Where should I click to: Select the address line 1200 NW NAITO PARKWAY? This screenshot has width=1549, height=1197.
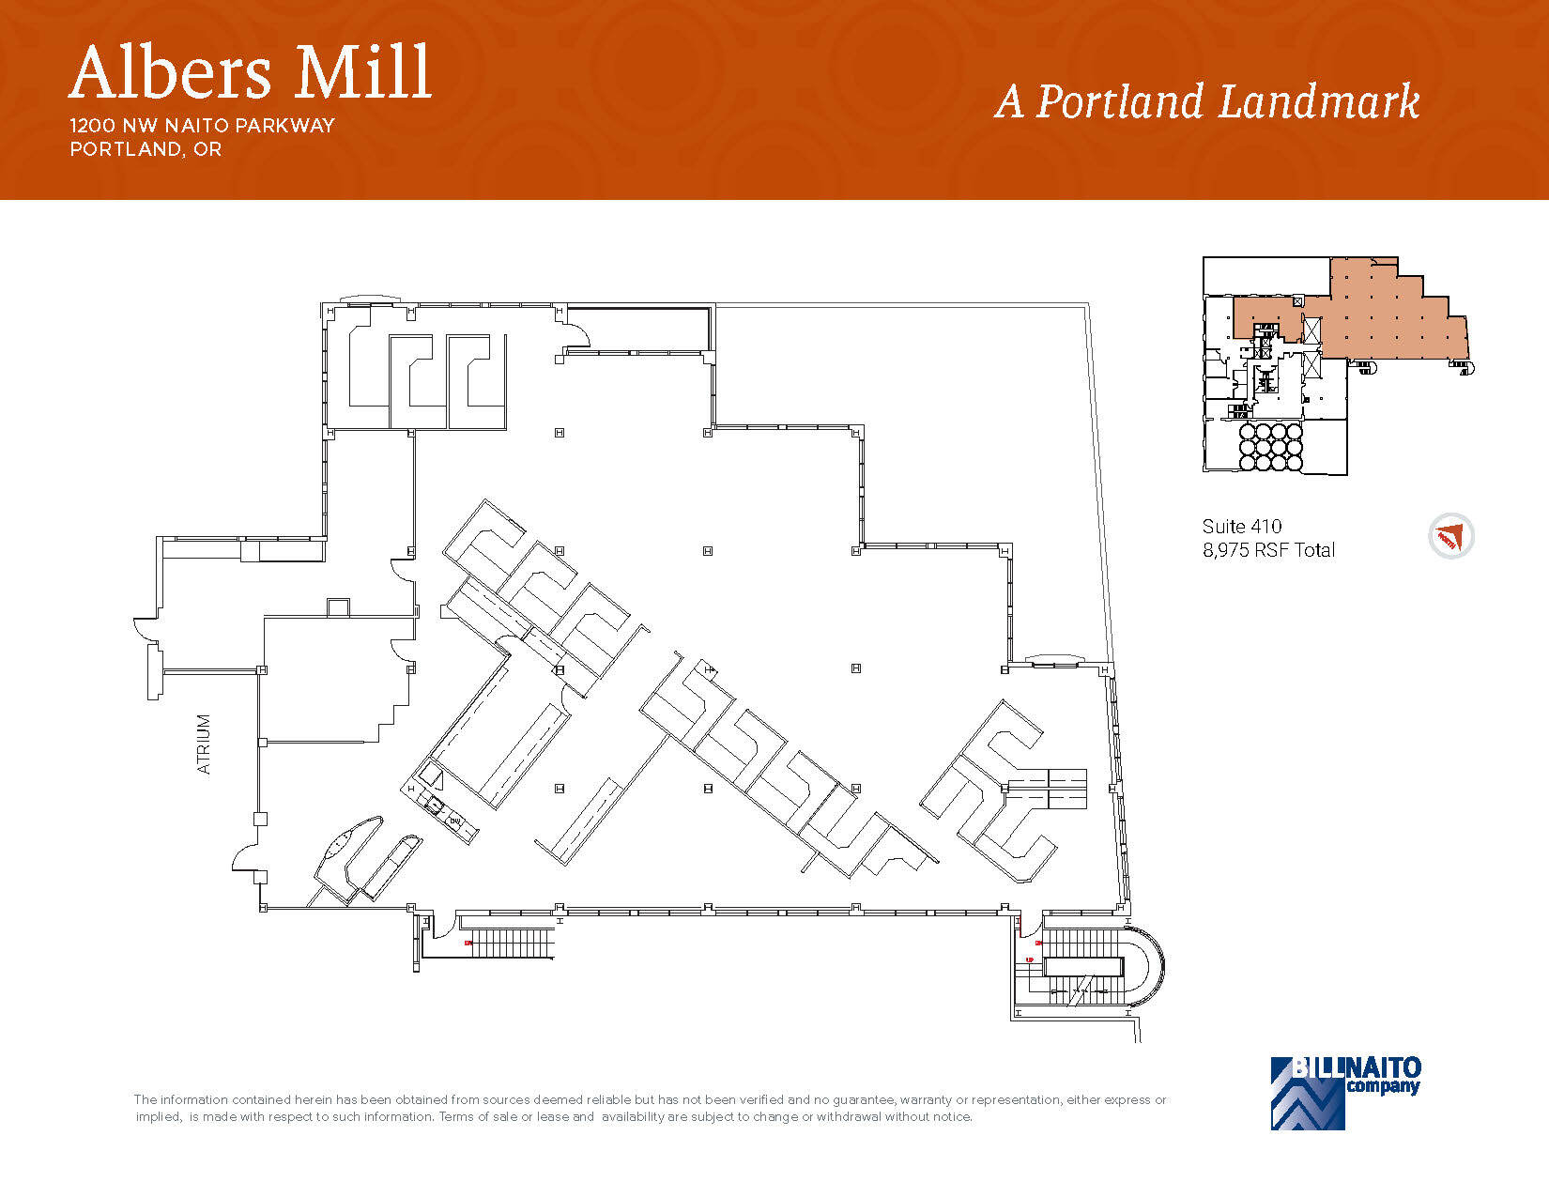point(202,126)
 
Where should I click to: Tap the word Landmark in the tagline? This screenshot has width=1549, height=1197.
point(1319,102)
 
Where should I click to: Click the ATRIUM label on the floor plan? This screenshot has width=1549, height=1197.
point(204,744)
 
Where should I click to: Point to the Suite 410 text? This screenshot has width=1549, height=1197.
point(1241,527)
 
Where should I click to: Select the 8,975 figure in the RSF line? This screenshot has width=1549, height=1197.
point(1225,551)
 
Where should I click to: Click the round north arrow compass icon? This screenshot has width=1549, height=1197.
point(1450,537)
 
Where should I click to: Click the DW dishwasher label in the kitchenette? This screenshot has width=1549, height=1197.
point(455,821)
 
